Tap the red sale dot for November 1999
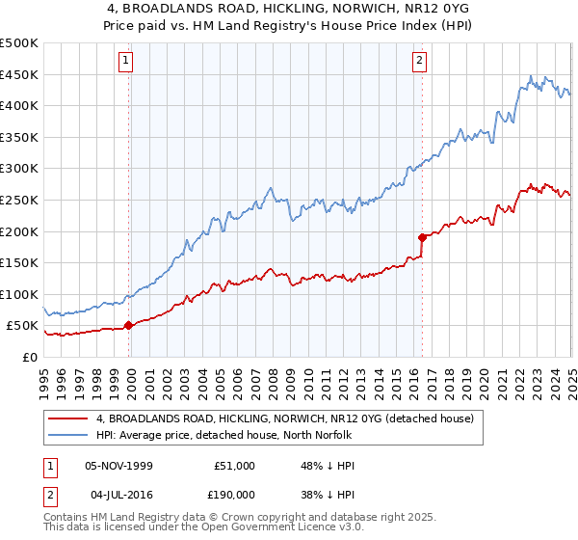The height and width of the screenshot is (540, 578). pyautogui.click(x=129, y=325)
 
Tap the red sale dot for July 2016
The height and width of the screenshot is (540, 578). pyautogui.click(x=422, y=236)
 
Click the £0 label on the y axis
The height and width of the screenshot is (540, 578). pyautogui.click(x=29, y=357)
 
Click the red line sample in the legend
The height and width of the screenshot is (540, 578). pyautogui.click(x=67, y=419)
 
